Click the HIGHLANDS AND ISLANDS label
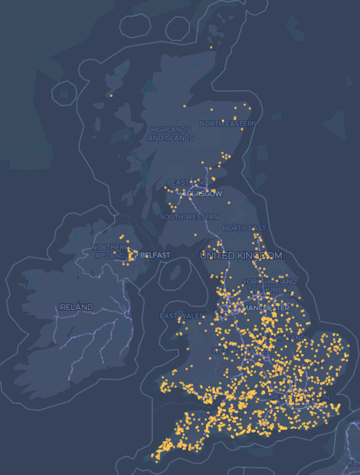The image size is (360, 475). coord(170,133)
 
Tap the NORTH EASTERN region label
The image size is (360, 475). coord(228,124)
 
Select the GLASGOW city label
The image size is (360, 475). coord(205,194)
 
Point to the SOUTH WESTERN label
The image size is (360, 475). coord(190,217)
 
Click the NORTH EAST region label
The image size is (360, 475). coord(244,228)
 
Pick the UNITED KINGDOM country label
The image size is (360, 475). coord(240,256)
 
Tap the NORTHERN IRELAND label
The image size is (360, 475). coord(109,251)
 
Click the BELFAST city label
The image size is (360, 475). coord(155,255)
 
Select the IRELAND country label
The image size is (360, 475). coord(76,307)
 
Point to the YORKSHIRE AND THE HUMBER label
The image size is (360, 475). coord(269,286)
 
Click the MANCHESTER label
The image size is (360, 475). coord(266,309)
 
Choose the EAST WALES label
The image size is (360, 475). coord(182,316)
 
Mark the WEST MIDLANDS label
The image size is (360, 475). coord(230,351)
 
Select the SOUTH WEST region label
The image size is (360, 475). coord(206,417)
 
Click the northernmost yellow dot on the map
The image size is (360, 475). coord(211,47)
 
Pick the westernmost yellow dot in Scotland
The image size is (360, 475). coord(111,96)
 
